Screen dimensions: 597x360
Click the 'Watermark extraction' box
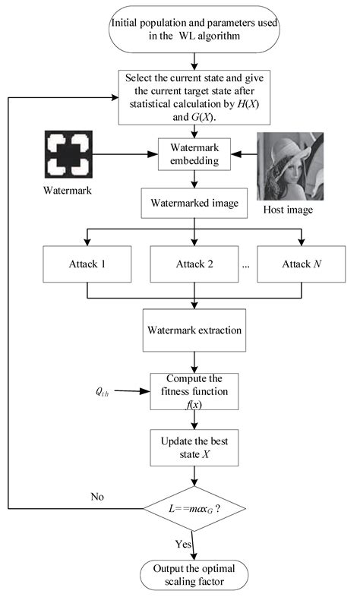pyautogui.click(x=196, y=331)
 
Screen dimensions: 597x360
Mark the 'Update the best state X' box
pyautogui.click(x=196, y=448)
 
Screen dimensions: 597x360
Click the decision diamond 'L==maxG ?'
pyautogui.click(x=196, y=507)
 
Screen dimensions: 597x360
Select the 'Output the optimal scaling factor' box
pyautogui.click(x=196, y=574)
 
